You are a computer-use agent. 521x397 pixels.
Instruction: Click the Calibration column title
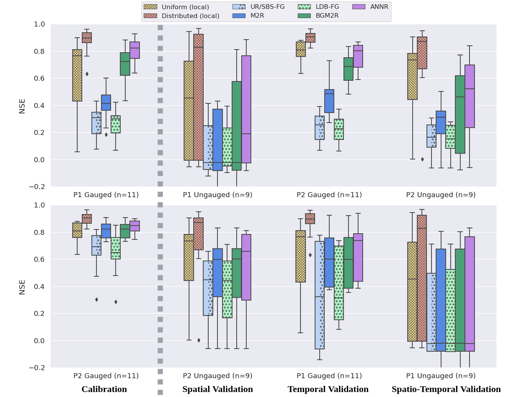tap(104, 389)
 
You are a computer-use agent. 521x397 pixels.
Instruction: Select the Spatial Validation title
tap(217, 389)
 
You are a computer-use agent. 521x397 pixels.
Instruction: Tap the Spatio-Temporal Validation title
tap(446, 389)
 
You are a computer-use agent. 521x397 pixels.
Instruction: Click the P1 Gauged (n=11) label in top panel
tap(106, 195)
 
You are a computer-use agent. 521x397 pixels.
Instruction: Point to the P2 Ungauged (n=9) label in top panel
tap(441, 195)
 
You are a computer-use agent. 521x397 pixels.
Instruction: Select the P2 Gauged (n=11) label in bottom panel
tap(106, 376)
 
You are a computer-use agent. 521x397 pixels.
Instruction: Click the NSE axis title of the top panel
tap(22, 106)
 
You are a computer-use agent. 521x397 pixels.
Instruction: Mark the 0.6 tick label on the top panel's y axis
tap(40, 78)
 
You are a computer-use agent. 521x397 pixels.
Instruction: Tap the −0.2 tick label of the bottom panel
tap(37, 368)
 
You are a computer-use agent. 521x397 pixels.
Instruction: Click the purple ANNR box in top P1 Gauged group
tap(134, 50)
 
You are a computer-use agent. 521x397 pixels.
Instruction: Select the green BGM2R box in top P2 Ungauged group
tap(460, 115)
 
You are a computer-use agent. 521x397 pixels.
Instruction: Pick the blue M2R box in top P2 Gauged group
tap(329, 101)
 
